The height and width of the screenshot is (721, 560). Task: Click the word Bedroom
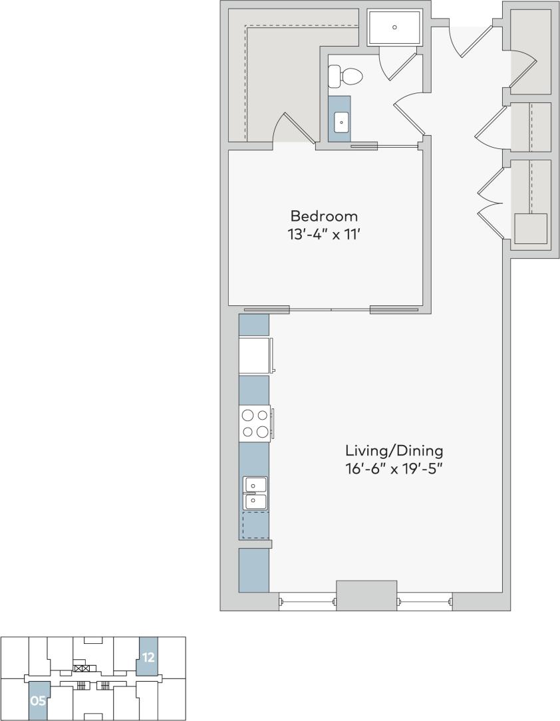click(x=324, y=216)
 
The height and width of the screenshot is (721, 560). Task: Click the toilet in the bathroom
click(x=345, y=77)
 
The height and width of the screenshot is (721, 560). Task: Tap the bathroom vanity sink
click(x=341, y=122)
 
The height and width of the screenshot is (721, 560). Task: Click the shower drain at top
click(x=394, y=27)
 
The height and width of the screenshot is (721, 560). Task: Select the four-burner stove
click(x=255, y=424)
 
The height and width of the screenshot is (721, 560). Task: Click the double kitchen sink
click(x=255, y=493)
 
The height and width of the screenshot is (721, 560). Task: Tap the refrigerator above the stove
click(x=255, y=355)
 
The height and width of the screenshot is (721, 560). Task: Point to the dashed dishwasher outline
click(x=255, y=525)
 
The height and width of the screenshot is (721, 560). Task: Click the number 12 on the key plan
click(x=148, y=658)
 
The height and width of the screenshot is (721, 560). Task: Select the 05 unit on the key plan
click(x=38, y=700)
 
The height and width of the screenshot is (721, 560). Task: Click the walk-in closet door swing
click(x=294, y=128)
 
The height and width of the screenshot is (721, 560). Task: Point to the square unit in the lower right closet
click(x=531, y=229)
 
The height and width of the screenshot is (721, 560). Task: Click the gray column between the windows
click(x=366, y=595)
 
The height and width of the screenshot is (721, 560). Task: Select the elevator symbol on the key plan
click(x=82, y=668)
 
